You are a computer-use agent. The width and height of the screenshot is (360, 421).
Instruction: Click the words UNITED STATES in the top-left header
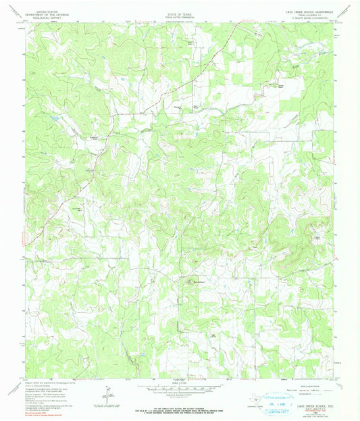pos(47,11)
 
